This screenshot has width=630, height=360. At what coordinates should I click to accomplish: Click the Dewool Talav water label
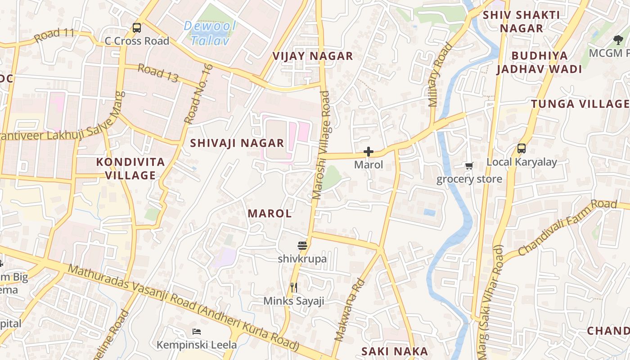pos(210,33)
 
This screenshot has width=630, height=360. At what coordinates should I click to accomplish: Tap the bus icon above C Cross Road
pos(137,28)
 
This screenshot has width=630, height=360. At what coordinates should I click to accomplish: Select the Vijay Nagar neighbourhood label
pos(313,56)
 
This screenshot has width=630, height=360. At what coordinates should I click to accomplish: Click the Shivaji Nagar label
pos(237,143)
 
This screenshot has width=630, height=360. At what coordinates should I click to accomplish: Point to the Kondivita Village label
pos(130,169)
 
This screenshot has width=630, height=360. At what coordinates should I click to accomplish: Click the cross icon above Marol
pos(369,152)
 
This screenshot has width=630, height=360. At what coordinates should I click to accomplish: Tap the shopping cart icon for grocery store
pos(469,166)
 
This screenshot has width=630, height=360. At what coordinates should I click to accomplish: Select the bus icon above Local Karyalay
pos(522,148)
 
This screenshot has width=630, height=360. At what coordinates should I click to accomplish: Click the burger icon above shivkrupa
pos(302,246)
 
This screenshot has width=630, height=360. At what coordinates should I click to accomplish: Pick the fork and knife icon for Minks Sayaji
pos(294,287)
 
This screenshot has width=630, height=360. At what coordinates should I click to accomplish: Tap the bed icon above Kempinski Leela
pos(197,332)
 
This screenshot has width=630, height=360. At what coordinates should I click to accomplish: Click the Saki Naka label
pos(395,351)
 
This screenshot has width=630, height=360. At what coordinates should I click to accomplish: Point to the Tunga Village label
pos(580,104)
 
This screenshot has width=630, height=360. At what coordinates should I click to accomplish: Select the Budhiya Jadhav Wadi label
pos(539,63)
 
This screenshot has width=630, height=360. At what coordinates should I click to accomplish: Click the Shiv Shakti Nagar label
pos(522,22)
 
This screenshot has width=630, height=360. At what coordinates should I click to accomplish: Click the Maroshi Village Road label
pos(322,145)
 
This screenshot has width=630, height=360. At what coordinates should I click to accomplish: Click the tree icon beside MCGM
pos(618,40)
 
